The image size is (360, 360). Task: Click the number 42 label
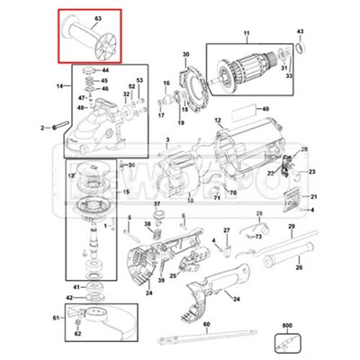(x=69, y=296)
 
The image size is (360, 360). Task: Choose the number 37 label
(x=156, y=204)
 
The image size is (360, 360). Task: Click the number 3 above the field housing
(x=167, y=139)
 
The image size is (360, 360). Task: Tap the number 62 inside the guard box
(x=77, y=334)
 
